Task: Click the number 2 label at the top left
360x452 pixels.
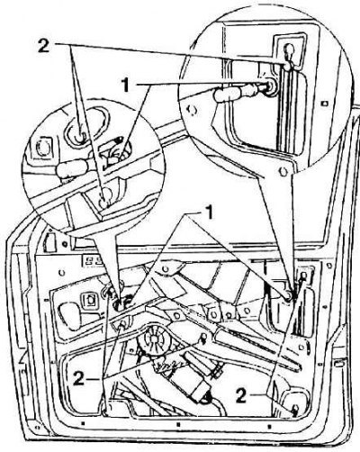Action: [x=43, y=46]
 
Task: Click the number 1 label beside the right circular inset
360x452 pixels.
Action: [x=126, y=85]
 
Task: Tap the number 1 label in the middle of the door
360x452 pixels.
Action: [x=209, y=212]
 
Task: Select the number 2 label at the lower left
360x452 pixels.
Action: [x=78, y=379]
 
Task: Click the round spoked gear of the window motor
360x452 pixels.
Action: [x=154, y=339]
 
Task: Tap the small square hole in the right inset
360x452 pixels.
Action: [x=324, y=104]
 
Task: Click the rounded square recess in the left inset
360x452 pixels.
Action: [x=43, y=147]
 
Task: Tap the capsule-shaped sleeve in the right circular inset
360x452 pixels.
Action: [x=230, y=94]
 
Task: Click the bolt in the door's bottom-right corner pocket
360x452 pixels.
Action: [x=295, y=409]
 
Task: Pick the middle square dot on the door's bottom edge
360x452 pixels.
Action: [x=178, y=425]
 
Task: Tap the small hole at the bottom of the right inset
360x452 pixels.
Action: [x=282, y=171]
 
